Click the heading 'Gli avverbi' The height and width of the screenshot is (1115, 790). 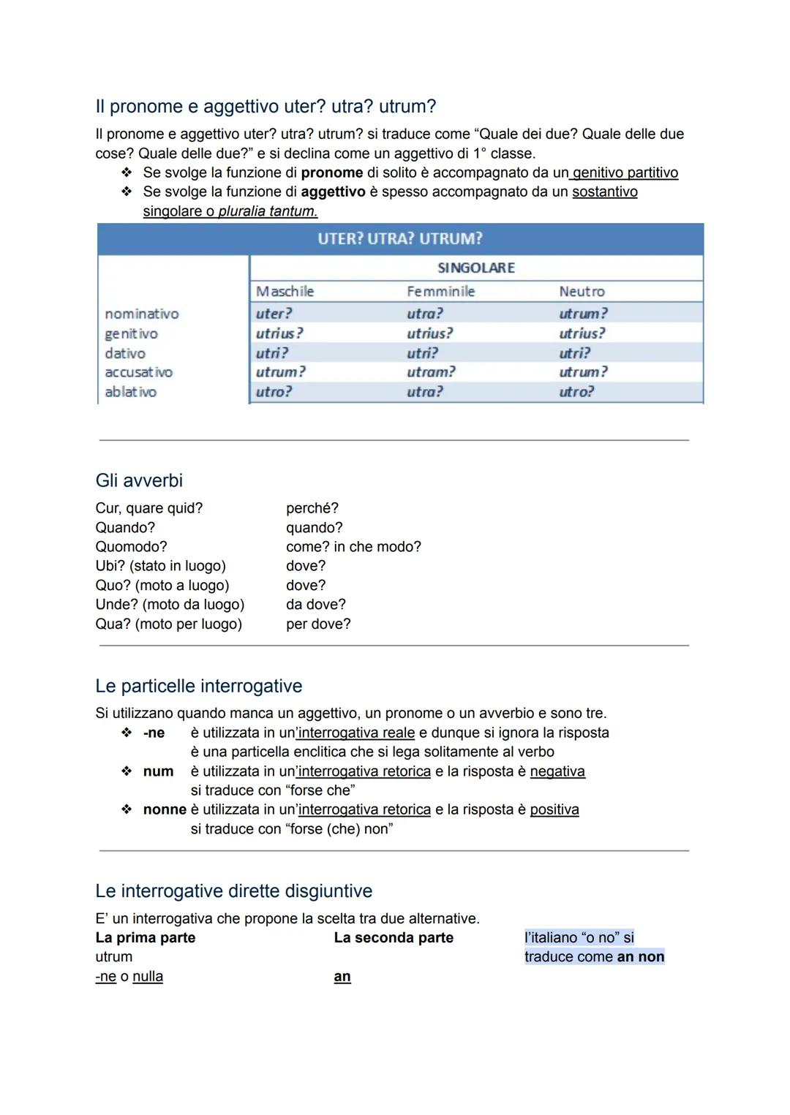[139, 480]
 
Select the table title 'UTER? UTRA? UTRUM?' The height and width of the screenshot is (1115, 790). [400, 239]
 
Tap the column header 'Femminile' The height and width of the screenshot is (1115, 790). [440, 291]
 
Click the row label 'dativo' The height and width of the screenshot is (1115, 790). [125, 353]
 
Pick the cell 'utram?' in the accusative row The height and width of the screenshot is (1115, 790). [431, 372]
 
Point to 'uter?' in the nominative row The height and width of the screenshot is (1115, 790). [274, 314]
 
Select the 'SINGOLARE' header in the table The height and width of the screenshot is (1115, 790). [476, 268]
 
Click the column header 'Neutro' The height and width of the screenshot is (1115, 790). [582, 291]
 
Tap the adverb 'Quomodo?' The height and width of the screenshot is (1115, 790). [131, 547]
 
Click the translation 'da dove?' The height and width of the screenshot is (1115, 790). [315, 605]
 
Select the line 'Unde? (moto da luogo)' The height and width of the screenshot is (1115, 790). [170, 605]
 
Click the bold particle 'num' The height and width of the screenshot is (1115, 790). [158, 771]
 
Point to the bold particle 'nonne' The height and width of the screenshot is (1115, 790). [165, 809]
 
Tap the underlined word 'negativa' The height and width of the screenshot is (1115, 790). [557, 771]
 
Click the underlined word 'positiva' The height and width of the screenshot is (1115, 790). [554, 809]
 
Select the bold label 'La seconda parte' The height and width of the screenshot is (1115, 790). [394, 937]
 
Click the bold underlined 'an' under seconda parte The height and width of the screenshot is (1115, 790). [342, 977]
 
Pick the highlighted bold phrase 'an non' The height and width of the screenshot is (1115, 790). [641, 957]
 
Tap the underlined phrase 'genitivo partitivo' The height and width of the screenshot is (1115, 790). [625, 173]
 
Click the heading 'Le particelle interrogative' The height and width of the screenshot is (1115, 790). [198, 686]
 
